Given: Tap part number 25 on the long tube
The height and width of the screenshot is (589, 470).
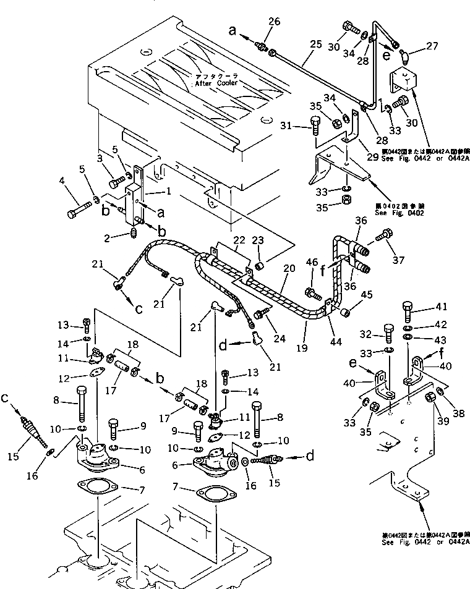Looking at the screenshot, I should tap(316, 44).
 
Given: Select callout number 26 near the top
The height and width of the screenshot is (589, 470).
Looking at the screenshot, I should tap(274, 22).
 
